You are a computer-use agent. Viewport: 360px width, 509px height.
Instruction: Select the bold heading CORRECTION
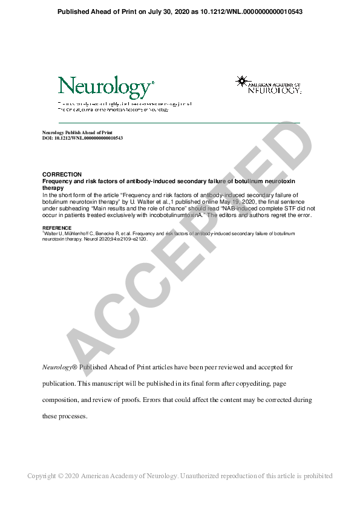click(57, 175)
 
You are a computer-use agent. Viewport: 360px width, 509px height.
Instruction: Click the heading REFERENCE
click(56, 228)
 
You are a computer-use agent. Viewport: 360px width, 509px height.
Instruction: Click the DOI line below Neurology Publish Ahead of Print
click(82, 138)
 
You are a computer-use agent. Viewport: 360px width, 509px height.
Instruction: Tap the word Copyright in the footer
click(42, 476)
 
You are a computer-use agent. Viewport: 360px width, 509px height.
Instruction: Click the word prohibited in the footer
click(318, 476)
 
